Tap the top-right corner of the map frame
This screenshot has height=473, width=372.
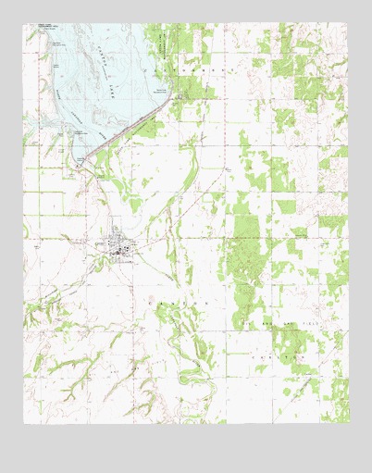[x=349, y=24]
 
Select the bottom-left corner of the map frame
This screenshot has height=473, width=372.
[x=24, y=423]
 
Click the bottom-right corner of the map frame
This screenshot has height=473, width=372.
[x=349, y=423]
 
